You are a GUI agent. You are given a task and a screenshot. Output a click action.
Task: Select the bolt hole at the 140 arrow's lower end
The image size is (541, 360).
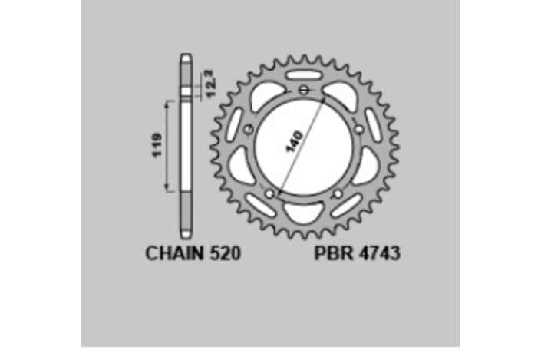(x=269, y=194)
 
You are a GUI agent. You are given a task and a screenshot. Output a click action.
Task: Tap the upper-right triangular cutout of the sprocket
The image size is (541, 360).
(x=338, y=95)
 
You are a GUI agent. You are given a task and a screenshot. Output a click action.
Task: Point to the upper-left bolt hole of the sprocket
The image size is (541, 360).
(x=247, y=130)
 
